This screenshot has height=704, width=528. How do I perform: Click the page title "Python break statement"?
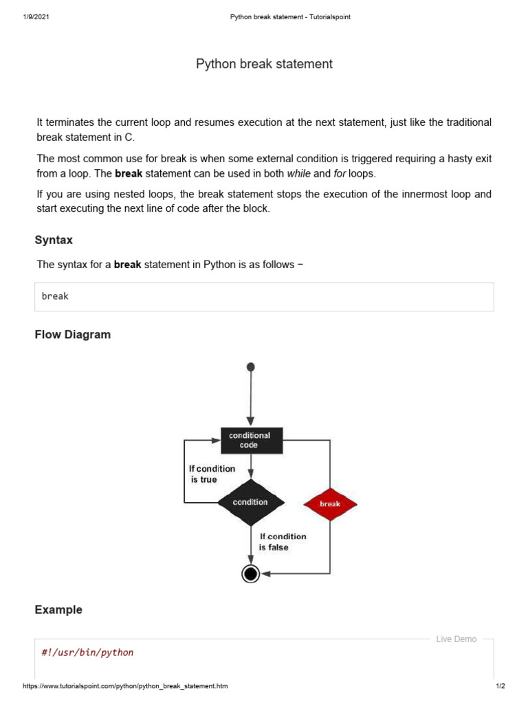[264, 64]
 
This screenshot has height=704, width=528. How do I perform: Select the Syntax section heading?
[54, 240]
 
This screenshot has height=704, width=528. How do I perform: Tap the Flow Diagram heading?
[72, 335]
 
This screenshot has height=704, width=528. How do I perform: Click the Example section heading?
[58, 610]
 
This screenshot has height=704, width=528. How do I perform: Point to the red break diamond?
[330, 504]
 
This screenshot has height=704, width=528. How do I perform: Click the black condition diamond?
[250, 503]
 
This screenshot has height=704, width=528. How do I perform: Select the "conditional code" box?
[250, 440]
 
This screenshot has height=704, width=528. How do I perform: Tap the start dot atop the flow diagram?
[250, 367]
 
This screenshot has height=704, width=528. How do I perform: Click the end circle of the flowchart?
[250, 573]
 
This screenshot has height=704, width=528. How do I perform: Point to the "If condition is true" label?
[212, 474]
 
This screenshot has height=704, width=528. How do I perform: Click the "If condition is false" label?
[283, 542]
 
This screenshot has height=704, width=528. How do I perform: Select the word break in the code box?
[55, 296]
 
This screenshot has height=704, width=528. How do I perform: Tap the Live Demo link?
[456, 639]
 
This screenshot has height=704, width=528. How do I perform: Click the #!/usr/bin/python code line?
[87, 652]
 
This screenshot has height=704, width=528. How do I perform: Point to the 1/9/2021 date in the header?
[35, 17]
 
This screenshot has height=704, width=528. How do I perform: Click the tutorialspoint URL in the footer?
[125, 686]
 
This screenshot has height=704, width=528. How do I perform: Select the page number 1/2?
[500, 686]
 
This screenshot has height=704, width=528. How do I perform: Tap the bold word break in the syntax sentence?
[127, 265]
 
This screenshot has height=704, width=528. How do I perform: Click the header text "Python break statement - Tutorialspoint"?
[289, 17]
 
